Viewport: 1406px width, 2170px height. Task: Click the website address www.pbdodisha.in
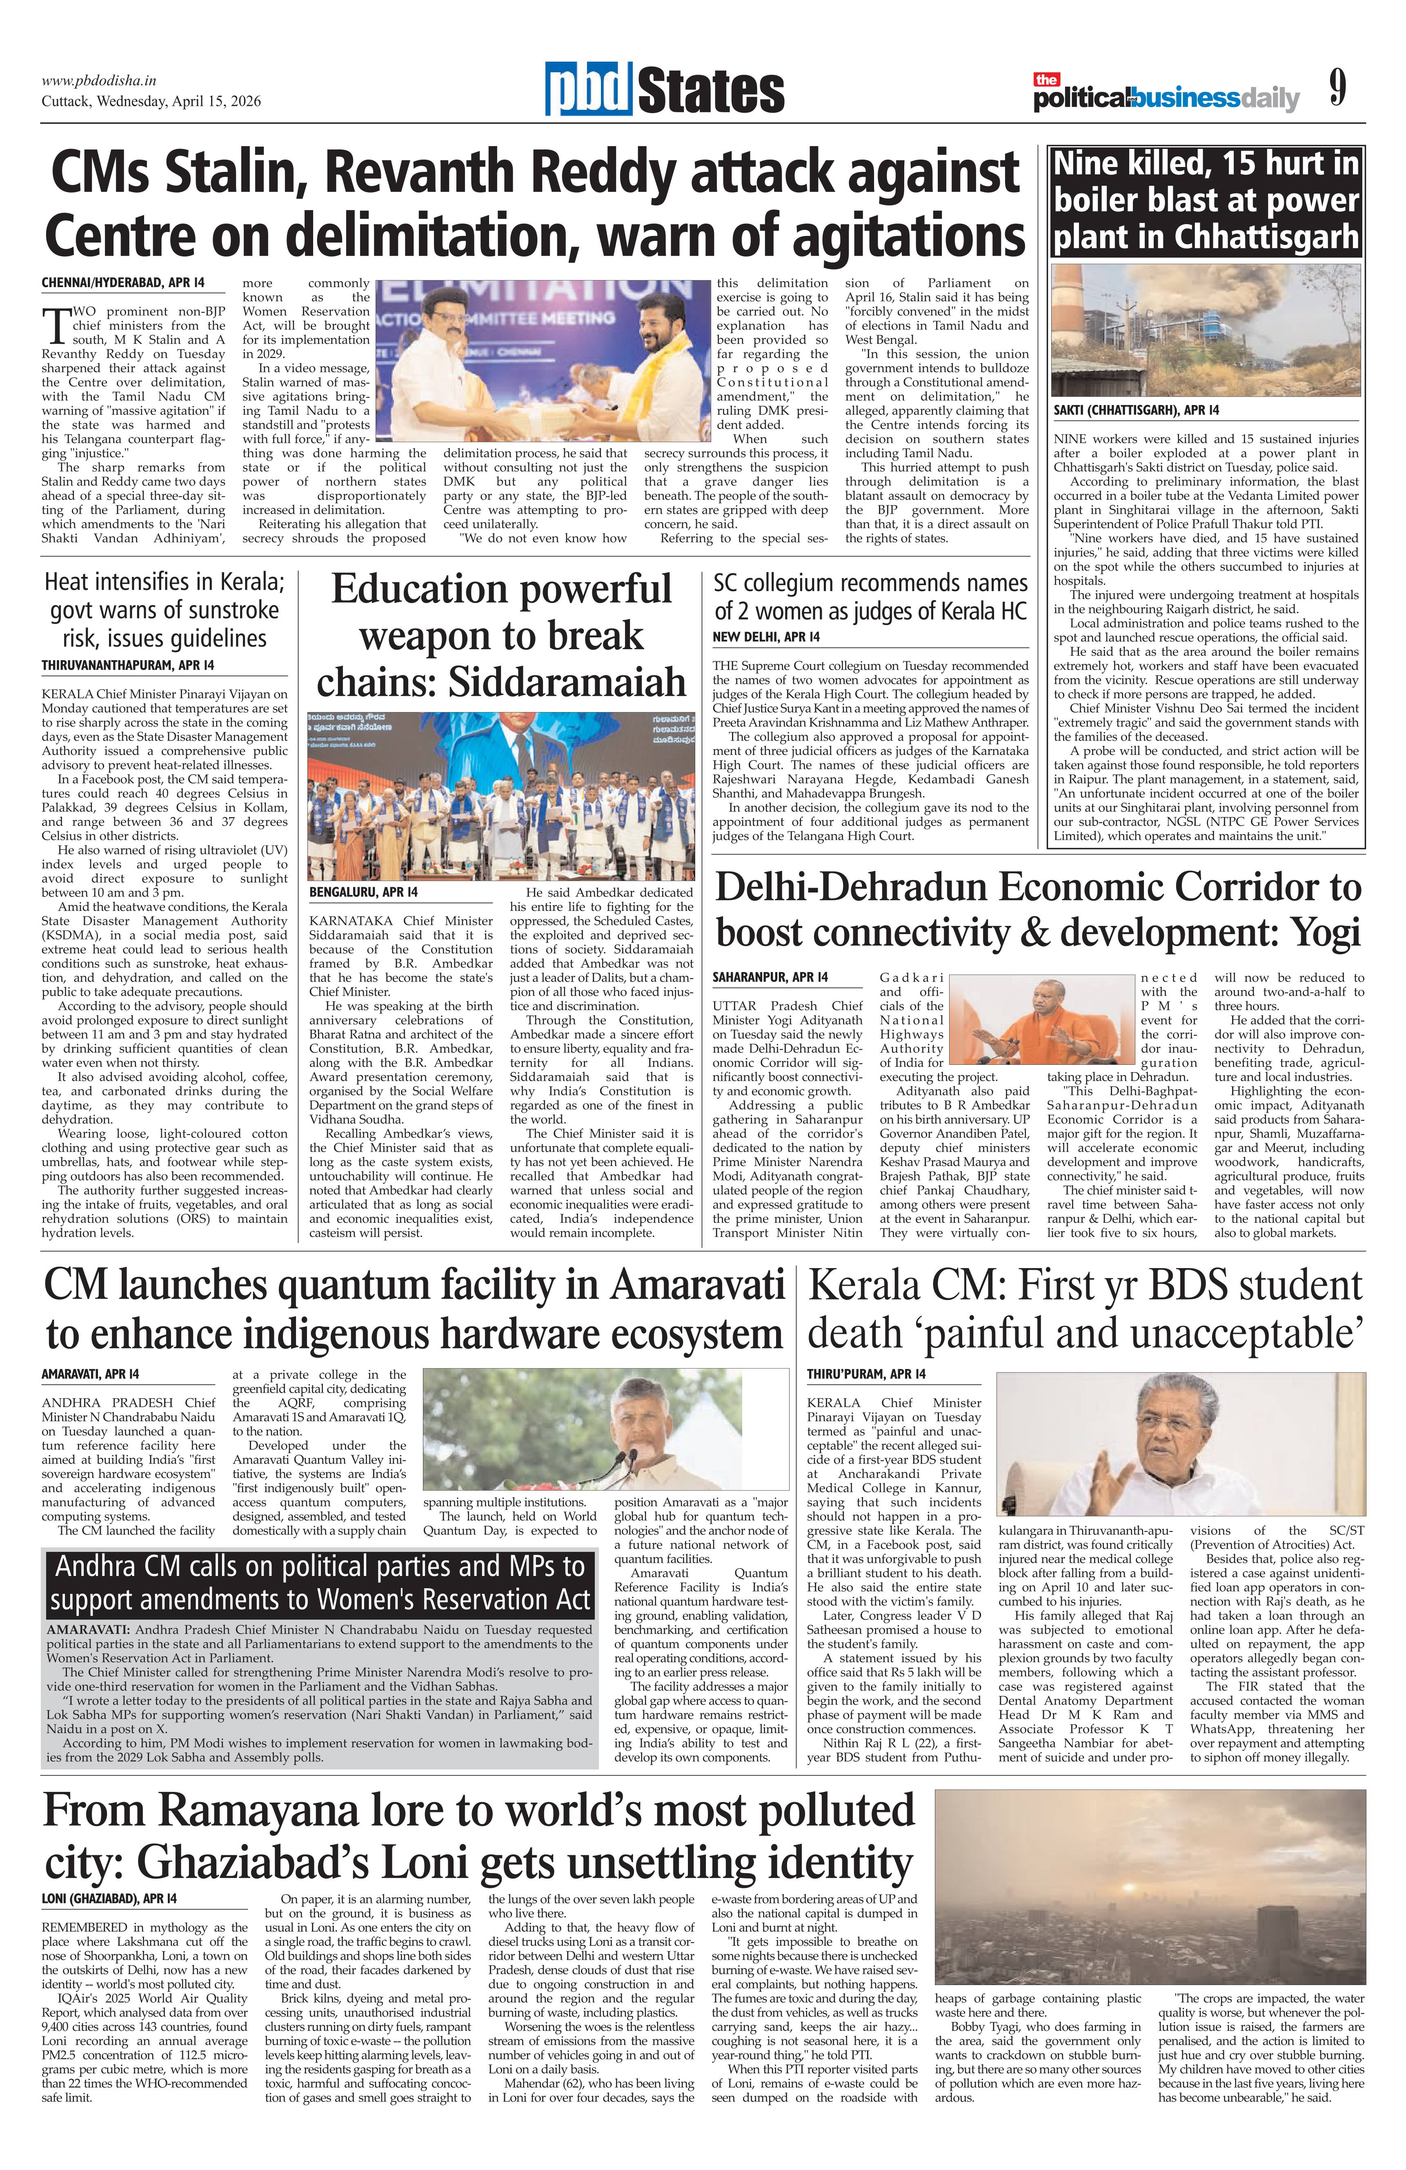point(98,80)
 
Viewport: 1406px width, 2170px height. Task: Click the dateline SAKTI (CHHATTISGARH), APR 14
point(1136,410)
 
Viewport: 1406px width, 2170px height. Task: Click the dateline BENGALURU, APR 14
point(363,892)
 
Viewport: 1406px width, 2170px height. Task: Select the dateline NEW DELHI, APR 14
point(766,637)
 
